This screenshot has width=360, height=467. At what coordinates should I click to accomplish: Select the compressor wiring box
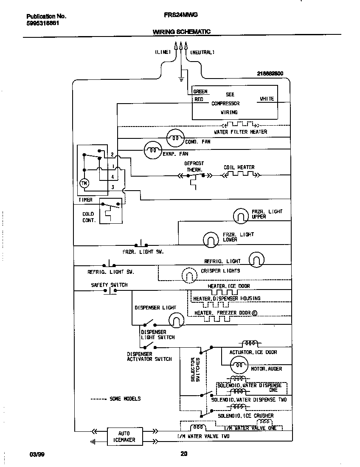[235, 103]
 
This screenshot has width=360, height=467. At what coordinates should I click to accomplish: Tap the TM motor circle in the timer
[83, 183]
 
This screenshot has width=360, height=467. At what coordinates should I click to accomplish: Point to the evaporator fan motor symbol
[152, 149]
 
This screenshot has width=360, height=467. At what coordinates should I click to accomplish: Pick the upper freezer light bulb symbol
[240, 216]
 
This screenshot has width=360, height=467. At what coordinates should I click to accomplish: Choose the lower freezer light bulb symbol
[210, 240]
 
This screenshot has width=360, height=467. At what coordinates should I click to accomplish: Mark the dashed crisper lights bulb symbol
[189, 276]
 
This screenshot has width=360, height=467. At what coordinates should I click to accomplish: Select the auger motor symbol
[239, 364]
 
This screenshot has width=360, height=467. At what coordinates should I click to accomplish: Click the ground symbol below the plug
[181, 79]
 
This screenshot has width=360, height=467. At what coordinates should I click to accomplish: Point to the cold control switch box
[110, 211]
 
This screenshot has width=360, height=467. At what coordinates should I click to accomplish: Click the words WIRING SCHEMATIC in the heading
[181, 32]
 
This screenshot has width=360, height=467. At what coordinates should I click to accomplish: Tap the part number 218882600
[270, 73]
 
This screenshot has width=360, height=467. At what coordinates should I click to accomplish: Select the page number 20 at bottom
[183, 454]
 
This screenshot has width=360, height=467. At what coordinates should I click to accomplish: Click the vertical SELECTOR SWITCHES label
[195, 369]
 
